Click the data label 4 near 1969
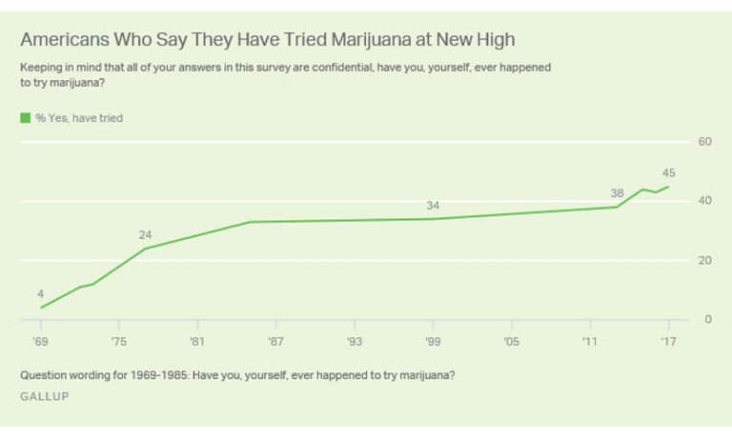pos(41,293)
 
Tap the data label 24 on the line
pos(145,234)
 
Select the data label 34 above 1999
pos(433,206)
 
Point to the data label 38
pos(617,193)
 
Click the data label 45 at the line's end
pos(668,172)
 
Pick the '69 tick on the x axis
pos(41,340)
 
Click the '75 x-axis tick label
pos(118,340)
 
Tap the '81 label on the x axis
pos(196,340)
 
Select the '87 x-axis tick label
pos(274,340)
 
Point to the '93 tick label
pos(354,340)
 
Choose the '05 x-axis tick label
pos(511,340)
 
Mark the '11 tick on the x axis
pos(589,340)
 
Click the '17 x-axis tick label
pos(668,340)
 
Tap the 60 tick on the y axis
pos(705,142)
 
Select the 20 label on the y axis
pos(705,260)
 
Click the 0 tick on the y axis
pos(708,319)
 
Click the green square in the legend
pos(25,118)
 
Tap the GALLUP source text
pos(44,395)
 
